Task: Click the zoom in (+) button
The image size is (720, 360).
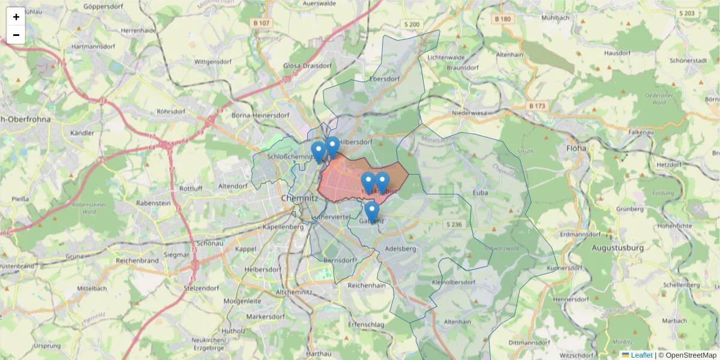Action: point(16,17)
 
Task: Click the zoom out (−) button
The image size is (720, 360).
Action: point(16,35)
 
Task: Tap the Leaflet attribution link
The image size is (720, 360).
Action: point(641,355)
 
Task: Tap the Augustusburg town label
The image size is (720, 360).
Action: point(617,247)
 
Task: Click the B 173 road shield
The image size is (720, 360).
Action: point(537,106)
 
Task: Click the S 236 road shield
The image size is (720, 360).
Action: point(454,224)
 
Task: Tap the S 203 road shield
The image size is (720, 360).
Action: point(688,13)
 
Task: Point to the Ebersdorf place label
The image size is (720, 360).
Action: point(385,79)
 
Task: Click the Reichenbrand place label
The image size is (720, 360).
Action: point(137,260)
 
